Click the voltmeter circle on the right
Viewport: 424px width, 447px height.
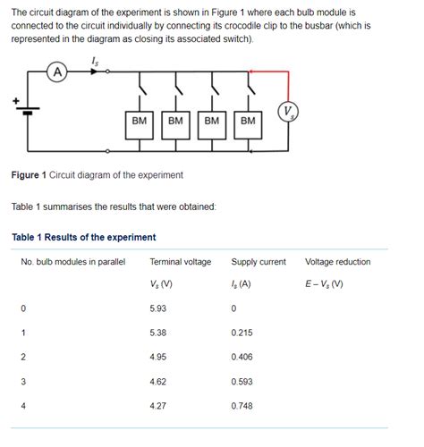pos(288,112)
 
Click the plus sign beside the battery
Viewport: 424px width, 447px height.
pos(15,100)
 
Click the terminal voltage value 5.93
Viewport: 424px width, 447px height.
pos(158,308)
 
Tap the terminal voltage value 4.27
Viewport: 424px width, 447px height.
pos(158,405)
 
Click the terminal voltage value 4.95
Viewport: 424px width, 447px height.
pos(158,357)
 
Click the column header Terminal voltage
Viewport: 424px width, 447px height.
pos(180,262)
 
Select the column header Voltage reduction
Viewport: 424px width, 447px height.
pos(337,262)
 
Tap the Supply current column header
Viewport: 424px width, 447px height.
pos(259,262)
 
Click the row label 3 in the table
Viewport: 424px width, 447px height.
pos(23,381)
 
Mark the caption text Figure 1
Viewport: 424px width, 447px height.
pos(31,174)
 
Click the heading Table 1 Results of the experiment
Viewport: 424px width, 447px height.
pos(84,237)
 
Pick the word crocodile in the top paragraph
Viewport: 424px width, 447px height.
pos(281,27)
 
